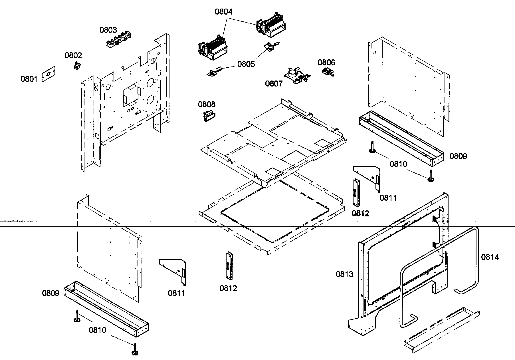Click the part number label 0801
click(x=29, y=79)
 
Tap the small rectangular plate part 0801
click(x=49, y=74)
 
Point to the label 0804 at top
click(x=223, y=12)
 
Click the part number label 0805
click(x=246, y=64)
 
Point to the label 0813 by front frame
click(x=344, y=274)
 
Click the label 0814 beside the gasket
click(x=490, y=257)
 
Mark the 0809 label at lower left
click(x=51, y=293)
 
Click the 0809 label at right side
click(x=458, y=156)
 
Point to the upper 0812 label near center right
click(x=360, y=213)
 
